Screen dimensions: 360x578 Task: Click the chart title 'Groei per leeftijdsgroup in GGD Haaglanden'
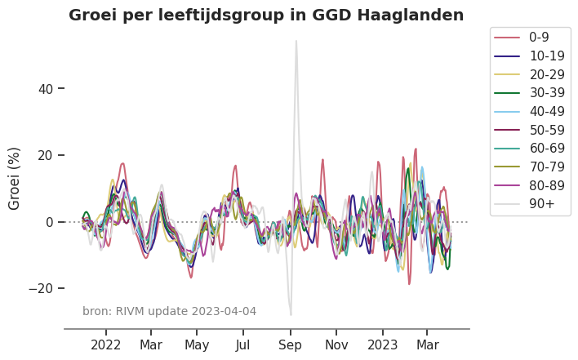point(266,16)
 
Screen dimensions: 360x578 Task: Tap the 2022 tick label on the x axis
point(106,345)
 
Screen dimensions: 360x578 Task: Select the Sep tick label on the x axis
point(290,345)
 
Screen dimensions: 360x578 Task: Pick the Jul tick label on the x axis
point(243,345)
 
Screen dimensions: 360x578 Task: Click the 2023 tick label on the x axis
point(383,345)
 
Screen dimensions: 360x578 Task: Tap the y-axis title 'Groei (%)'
point(15,178)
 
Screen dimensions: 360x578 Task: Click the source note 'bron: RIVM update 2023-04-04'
point(169,311)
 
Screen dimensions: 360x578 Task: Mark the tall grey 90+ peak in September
point(296,42)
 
